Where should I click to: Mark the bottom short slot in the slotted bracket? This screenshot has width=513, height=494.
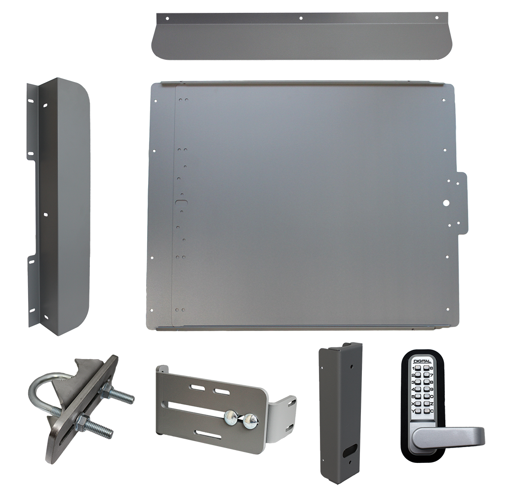tap(207, 435)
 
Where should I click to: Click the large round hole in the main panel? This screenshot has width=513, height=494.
tap(446, 202)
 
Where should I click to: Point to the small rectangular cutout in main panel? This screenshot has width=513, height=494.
tap(182, 203)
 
